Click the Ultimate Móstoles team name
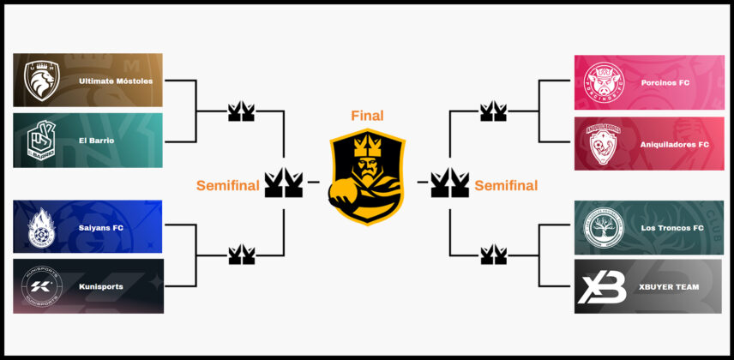click(115, 81)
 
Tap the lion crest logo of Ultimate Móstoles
click(41, 81)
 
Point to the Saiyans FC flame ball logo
click(41, 227)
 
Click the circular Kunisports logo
click(41, 286)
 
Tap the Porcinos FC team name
click(665, 83)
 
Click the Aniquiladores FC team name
click(675, 145)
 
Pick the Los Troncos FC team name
click(672, 228)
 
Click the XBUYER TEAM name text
click(670, 287)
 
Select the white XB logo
click(602, 287)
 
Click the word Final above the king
click(367, 116)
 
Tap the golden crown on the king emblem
click(367, 139)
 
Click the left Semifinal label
click(227, 185)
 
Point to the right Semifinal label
click(506, 185)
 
